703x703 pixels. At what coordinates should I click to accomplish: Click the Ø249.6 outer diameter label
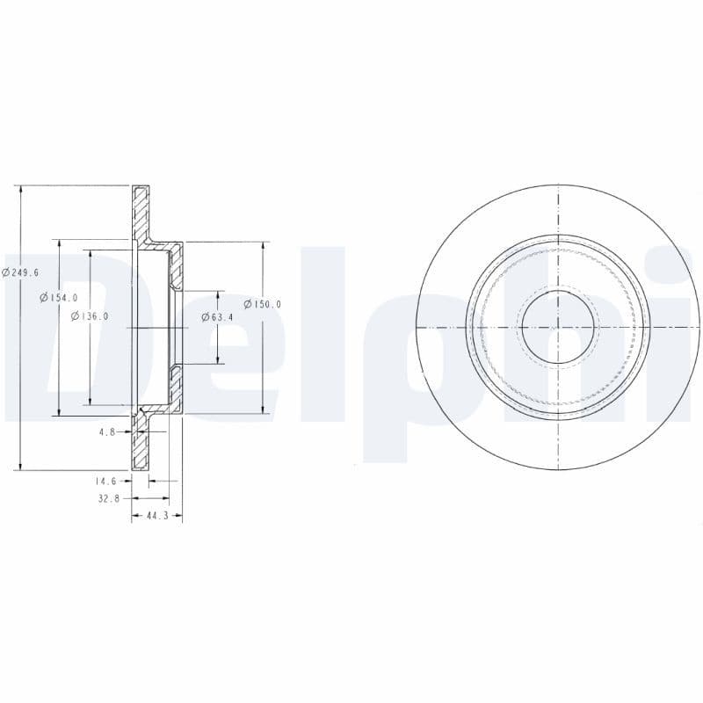(20, 272)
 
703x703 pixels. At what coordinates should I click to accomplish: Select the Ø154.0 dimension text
(59, 298)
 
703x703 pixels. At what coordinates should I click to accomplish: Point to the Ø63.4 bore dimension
(217, 316)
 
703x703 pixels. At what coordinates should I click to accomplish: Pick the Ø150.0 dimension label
(263, 304)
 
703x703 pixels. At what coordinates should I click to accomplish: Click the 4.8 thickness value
(107, 431)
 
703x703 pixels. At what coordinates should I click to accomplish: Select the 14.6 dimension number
(106, 482)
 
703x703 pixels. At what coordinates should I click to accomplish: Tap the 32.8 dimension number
(106, 499)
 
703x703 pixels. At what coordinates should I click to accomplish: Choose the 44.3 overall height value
(156, 517)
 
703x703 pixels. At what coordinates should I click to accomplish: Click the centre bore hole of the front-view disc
(558, 327)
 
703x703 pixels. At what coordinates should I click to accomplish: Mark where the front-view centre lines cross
(558, 327)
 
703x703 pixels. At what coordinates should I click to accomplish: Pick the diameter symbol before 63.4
(205, 316)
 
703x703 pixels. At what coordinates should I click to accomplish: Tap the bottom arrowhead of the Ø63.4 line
(217, 359)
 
